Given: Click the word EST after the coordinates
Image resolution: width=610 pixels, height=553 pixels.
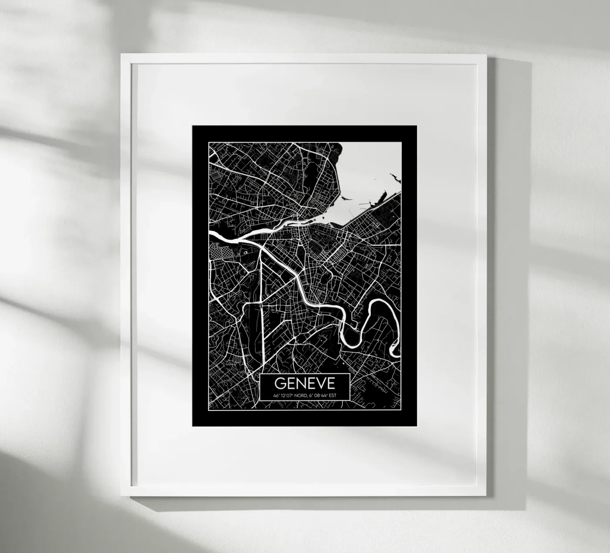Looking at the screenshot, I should pyautogui.click(x=333, y=395).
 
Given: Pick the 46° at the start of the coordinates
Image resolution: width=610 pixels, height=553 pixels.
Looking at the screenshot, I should pyautogui.click(x=276, y=395).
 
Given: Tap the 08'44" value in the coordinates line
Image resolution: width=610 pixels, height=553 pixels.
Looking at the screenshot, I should pyautogui.click(x=320, y=395).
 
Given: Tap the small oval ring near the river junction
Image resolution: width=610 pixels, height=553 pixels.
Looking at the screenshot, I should pyautogui.click(x=244, y=252).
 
